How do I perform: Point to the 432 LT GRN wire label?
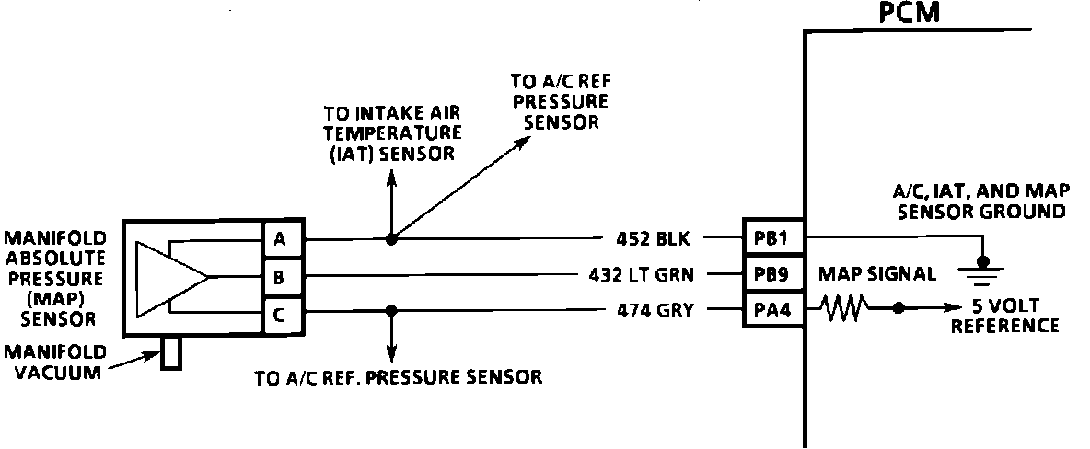point(642,274)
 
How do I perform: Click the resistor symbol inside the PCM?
point(843,310)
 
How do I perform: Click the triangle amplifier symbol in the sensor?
point(170,275)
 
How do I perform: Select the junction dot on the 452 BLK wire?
point(392,239)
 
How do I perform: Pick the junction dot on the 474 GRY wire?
point(392,310)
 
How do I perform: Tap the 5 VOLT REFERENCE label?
point(1004,317)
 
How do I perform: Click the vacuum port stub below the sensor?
point(171,353)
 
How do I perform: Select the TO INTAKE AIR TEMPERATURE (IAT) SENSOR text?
point(391,133)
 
